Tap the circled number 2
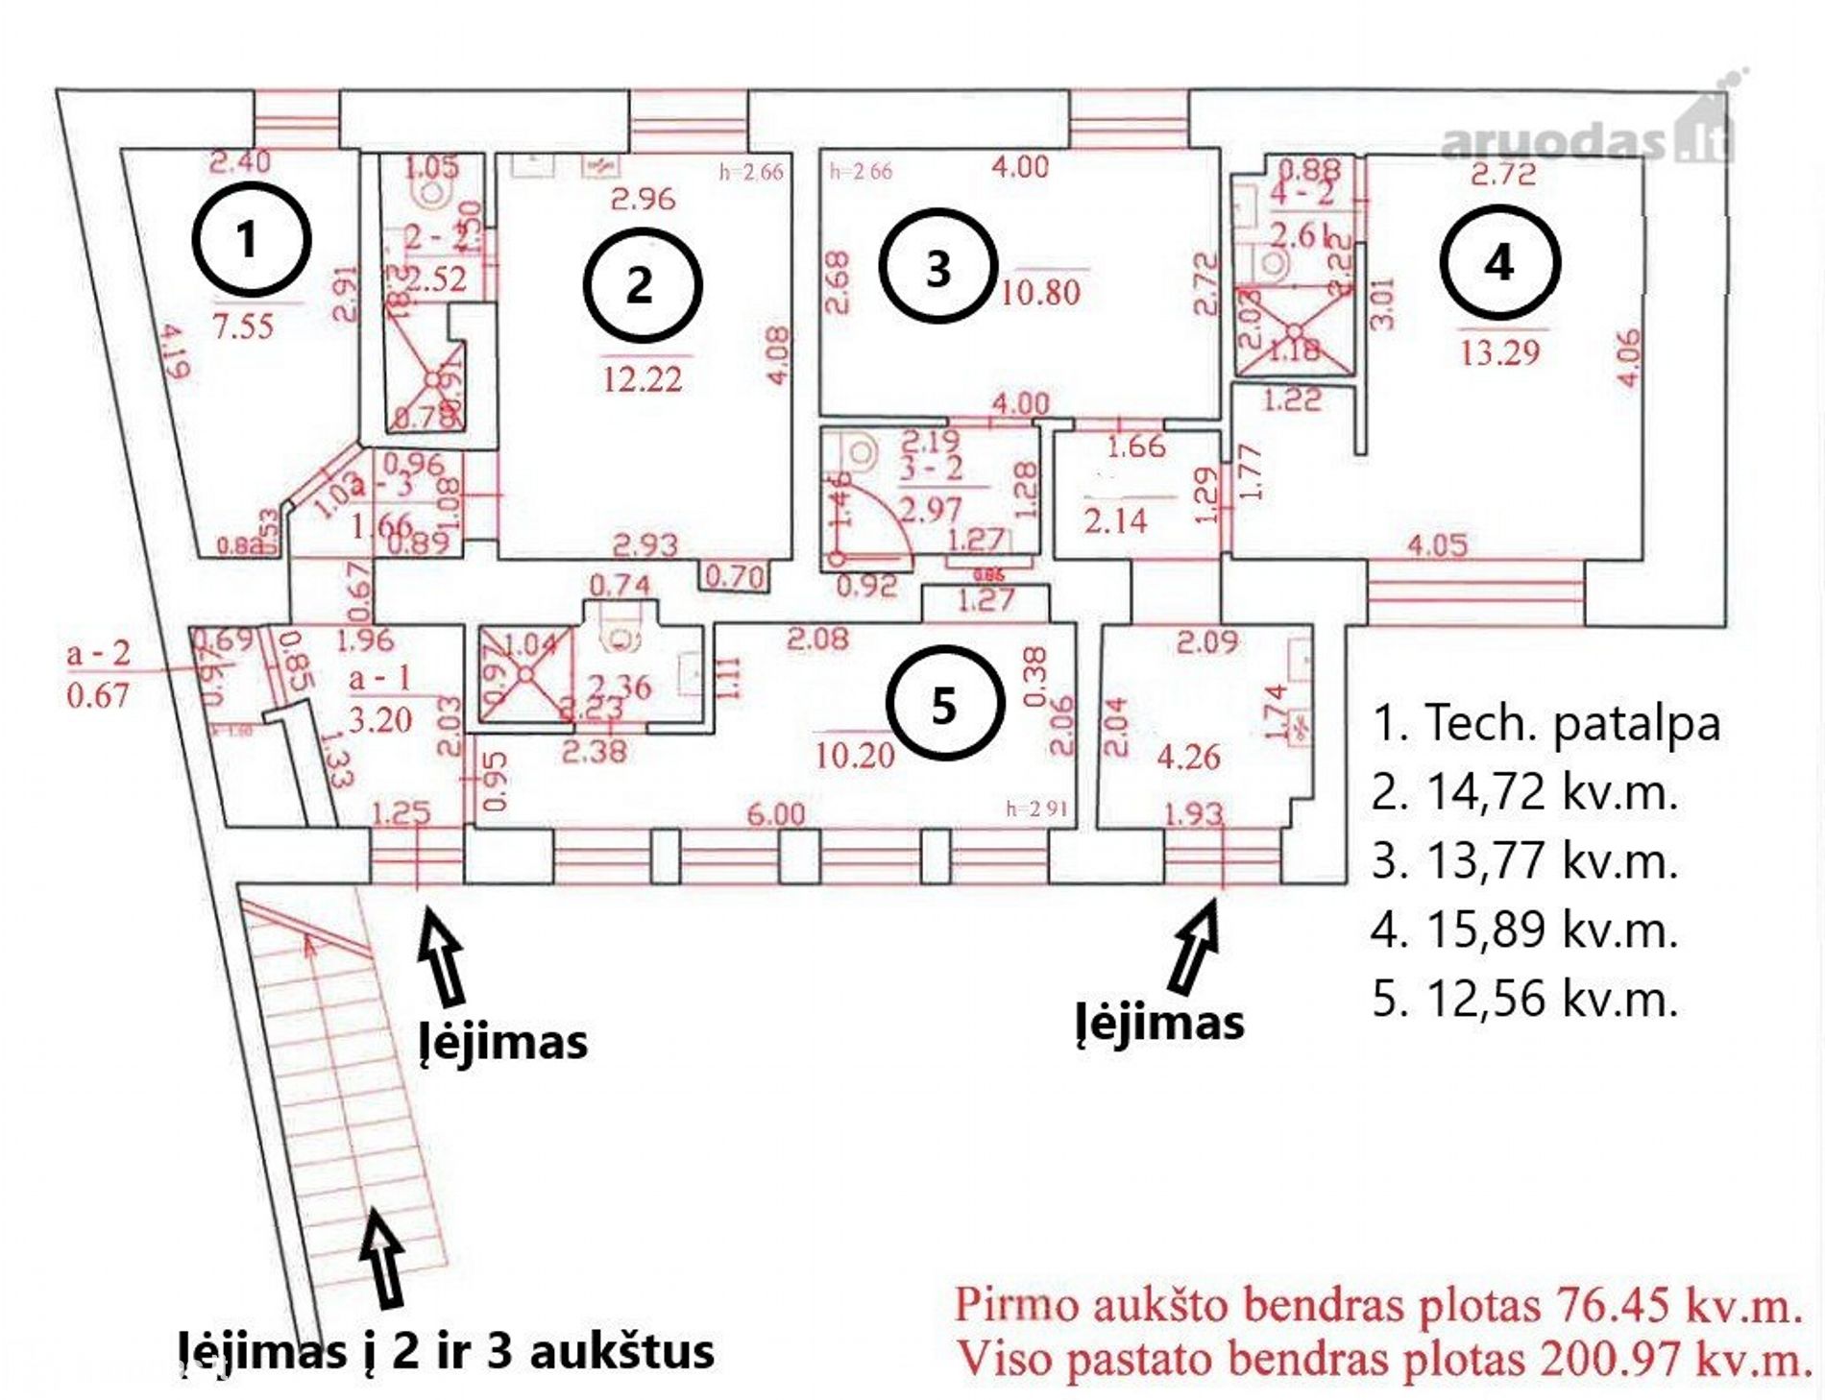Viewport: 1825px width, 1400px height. click(x=643, y=285)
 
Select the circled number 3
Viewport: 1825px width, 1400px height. click(x=938, y=268)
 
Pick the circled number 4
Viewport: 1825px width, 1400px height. click(x=1499, y=261)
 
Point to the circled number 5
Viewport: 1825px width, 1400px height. click(x=945, y=705)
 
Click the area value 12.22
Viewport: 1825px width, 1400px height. click(x=643, y=379)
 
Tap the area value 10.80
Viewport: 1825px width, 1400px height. click(x=1040, y=292)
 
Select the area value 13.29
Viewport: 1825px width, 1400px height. click(x=1499, y=353)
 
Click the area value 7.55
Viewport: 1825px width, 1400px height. click(x=243, y=326)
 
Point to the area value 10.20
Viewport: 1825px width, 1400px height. click(x=854, y=756)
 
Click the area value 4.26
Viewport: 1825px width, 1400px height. click(x=1188, y=758)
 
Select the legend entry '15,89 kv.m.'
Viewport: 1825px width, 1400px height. click(x=1551, y=929)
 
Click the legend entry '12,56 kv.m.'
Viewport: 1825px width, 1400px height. click(x=1551, y=999)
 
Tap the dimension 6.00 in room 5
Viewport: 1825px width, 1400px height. click(x=776, y=814)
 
